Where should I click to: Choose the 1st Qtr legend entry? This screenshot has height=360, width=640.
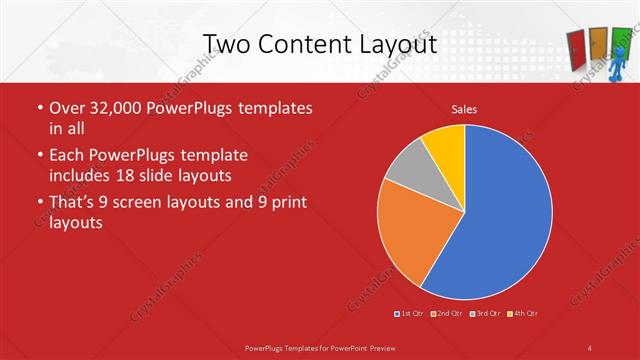coord(410,314)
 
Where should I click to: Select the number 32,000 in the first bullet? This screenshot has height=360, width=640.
coord(113,108)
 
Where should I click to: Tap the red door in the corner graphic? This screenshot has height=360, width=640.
coord(577,44)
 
